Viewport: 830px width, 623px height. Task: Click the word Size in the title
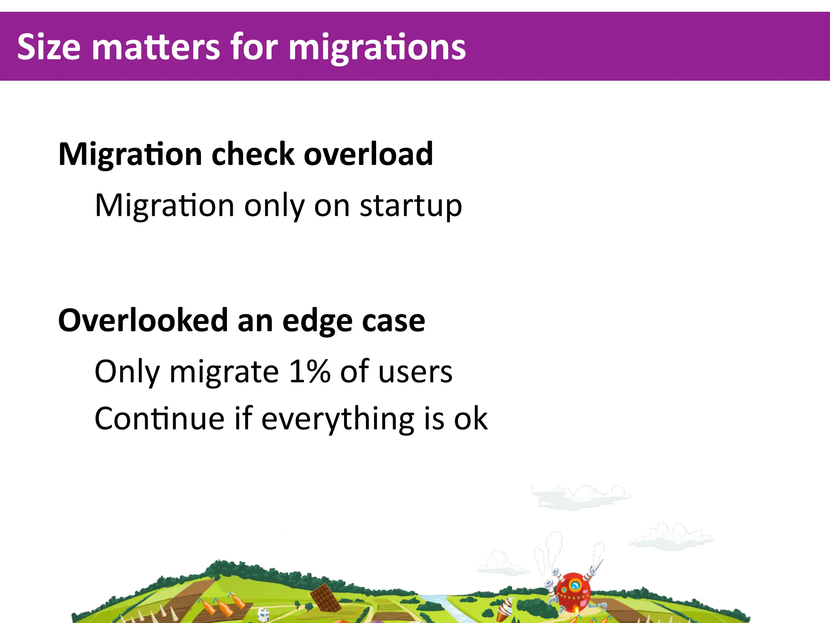pos(49,47)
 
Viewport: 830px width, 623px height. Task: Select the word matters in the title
pos(156,47)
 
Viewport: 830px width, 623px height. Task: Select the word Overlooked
pos(143,320)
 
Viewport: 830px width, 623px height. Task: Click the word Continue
pos(159,419)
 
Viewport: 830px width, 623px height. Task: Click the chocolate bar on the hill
pos(325,597)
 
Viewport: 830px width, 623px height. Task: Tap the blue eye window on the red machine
pos(575,585)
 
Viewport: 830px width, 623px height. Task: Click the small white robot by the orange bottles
pos(263,614)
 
